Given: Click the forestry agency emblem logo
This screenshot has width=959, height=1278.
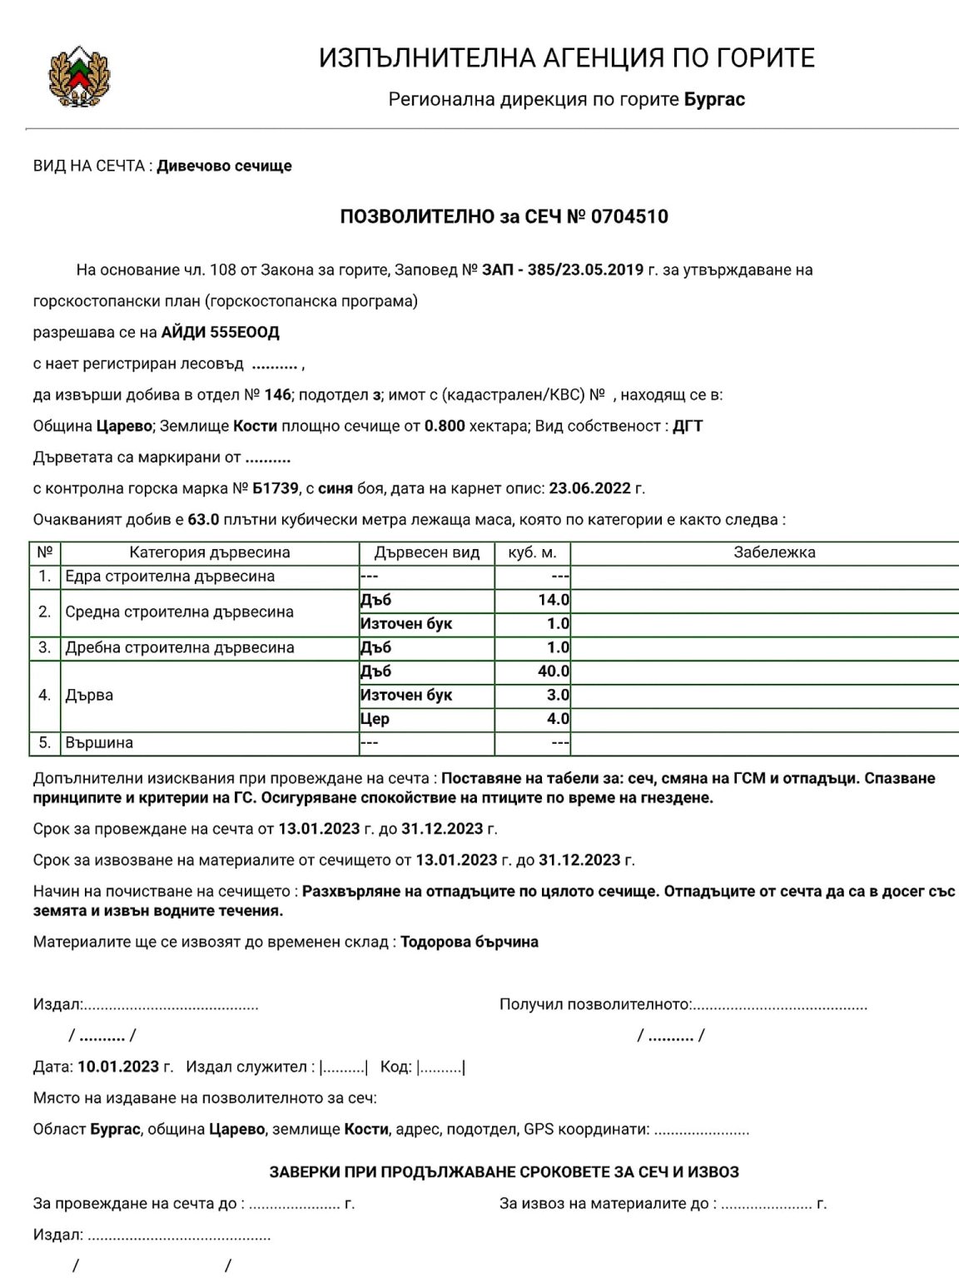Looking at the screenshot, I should (x=79, y=77).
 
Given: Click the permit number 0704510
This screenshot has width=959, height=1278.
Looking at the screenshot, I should (x=629, y=217).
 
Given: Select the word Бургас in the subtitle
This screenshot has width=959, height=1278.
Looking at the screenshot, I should (x=714, y=100).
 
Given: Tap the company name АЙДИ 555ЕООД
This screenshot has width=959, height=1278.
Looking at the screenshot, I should (x=221, y=333).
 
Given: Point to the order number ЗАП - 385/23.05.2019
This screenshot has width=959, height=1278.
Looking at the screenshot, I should (x=563, y=270).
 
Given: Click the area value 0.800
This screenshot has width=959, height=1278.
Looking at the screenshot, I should (x=445, y=426).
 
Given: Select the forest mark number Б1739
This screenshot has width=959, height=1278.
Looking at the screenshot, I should (x=276, y=488).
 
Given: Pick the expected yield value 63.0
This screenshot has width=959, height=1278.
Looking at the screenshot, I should (x=203, y=520).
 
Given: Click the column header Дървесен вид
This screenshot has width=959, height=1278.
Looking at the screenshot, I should (x=427, y=552).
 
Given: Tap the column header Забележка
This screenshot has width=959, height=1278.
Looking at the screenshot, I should (x=774, y=552).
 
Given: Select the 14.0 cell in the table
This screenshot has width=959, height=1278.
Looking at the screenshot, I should (x=554, y=600).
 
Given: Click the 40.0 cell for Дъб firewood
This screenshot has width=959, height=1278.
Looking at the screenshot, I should (x=554, y=671).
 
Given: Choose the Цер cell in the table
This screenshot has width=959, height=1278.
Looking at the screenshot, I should (x=375, y=719).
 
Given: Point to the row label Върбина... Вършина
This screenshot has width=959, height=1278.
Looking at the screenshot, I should (x=99, y=743).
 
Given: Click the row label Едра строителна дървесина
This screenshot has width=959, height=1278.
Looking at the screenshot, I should (x=170, y=577).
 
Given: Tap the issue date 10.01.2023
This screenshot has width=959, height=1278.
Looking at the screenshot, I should (x=118, y=1067).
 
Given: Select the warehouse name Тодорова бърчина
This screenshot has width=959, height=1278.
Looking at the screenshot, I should (x=470, y=943).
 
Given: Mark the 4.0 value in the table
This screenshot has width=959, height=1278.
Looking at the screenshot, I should (x=558, y=719).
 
